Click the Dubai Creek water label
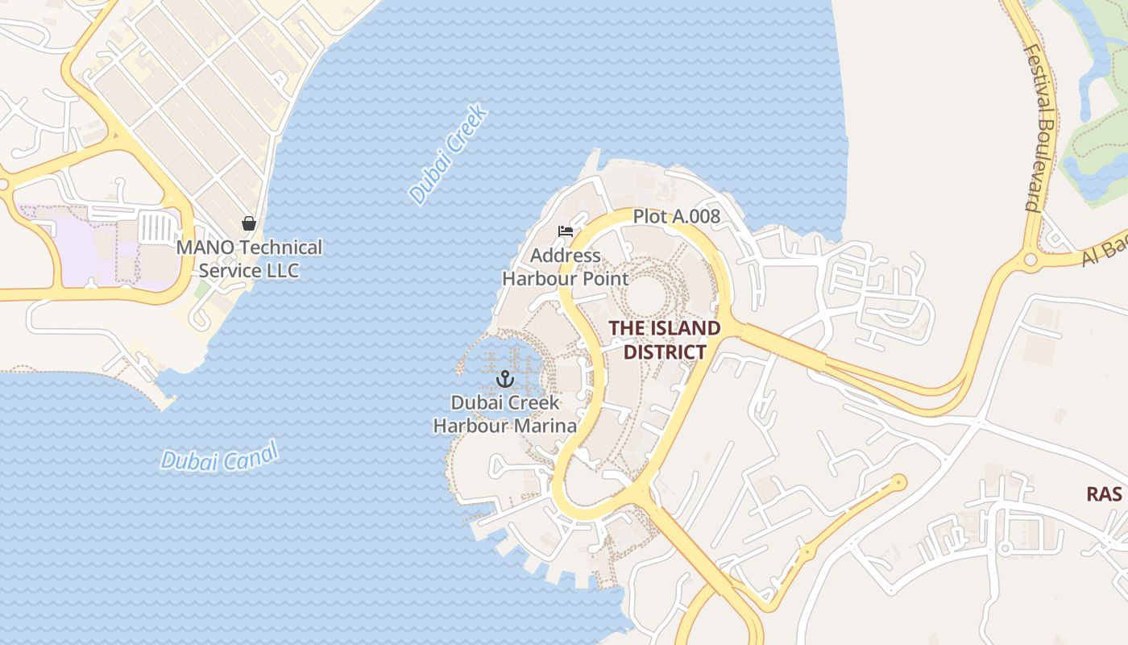449,154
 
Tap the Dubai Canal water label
219,456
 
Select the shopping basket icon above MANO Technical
249,223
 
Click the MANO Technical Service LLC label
249,259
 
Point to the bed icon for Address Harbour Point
566,231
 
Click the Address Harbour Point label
565,268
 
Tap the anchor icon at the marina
505,378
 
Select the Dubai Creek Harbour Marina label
505,414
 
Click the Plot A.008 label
676,216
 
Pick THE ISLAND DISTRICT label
664,340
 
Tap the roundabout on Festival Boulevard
1030,260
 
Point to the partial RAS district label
1104,494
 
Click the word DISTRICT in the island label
665,352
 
